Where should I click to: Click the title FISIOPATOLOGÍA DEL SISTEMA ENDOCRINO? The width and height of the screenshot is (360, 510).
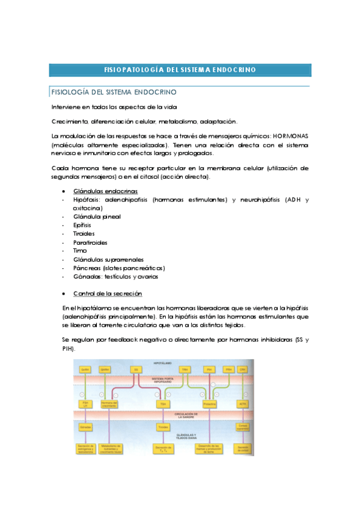(x=180, y=70)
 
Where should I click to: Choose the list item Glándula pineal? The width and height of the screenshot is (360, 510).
(x=96, y=216)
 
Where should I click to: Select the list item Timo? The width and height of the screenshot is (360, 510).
(x=80, y=250)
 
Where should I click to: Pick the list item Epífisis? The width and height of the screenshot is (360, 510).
(x=82, y=224)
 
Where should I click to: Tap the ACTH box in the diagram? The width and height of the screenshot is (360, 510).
(x=242, y=404)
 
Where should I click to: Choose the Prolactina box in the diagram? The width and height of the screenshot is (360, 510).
(x=209, y=404)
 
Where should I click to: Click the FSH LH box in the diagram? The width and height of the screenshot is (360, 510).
(x=85, y=404)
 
